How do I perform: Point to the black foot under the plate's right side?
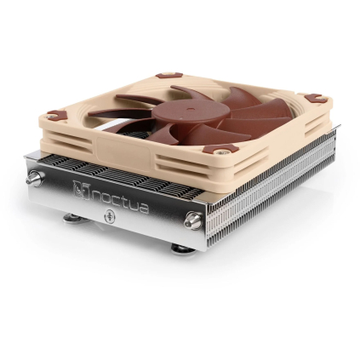pyautogui.click(x=179, y=248)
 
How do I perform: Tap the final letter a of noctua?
pyautogui.click(x=142, y=207)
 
